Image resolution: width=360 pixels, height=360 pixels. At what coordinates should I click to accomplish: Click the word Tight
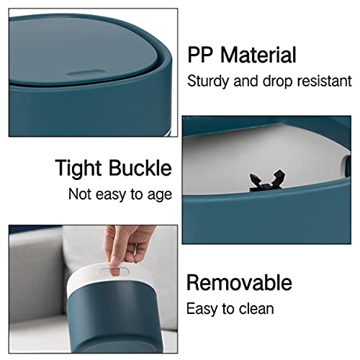click(78, 168)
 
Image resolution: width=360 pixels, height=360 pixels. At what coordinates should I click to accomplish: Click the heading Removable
click(239, 282)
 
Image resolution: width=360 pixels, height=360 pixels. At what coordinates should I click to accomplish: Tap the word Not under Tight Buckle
click(82, 194)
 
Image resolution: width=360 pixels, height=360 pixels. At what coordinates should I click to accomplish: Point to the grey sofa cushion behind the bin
click(43, 288)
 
